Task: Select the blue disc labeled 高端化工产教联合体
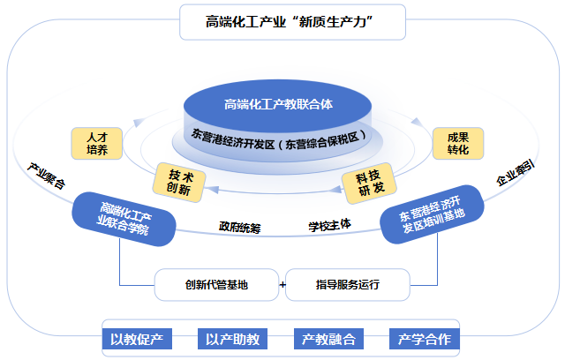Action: (x=279, y=105)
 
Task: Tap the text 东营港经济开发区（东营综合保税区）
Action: (x=279, y=139)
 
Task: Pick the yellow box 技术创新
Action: (x=179, y=180)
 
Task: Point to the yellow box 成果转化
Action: (x=458, y=144)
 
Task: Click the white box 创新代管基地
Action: (x=216, y=285)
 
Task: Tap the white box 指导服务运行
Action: (x=347, y=285)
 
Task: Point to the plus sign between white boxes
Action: (x=282, y=285)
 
